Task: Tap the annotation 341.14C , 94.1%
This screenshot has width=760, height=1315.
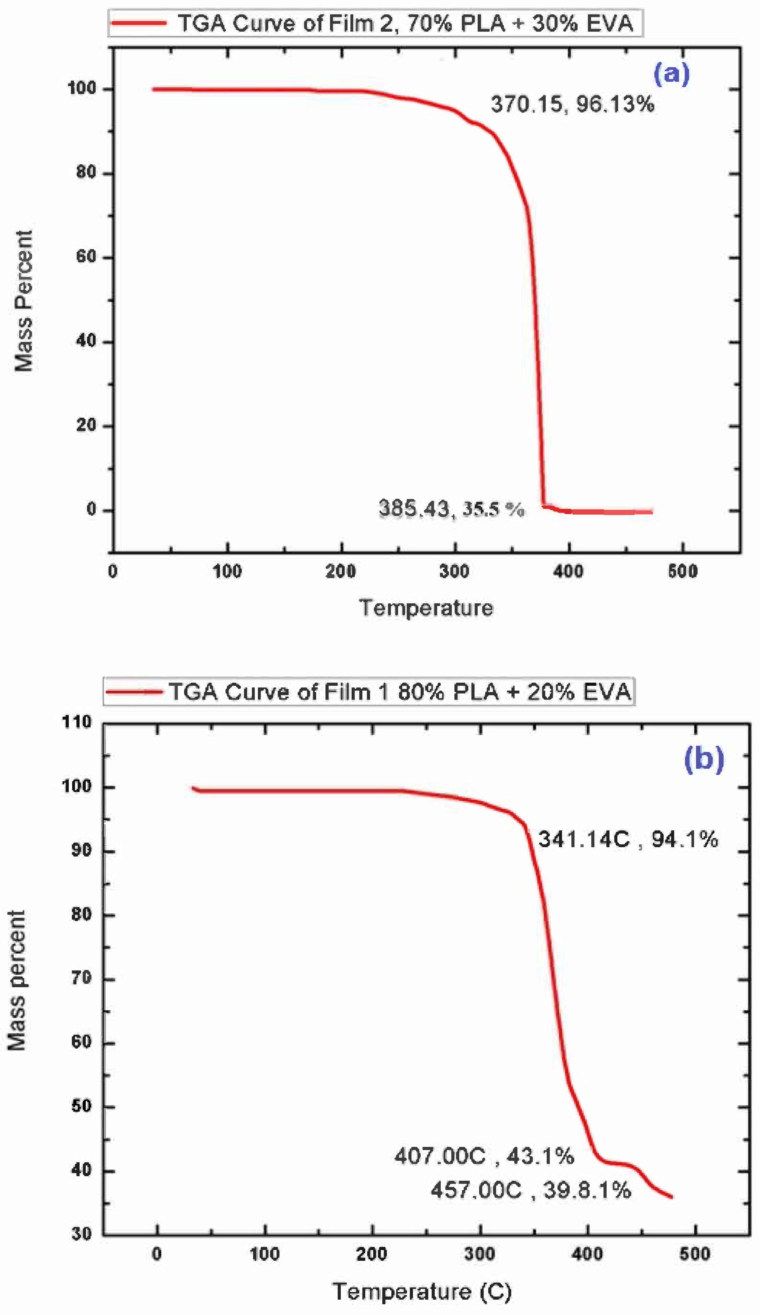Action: click(x=627, y=839)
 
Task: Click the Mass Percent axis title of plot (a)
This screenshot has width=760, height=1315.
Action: click(x=23, y=301)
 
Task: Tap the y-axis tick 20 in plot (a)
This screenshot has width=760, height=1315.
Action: click(x=87, y=425)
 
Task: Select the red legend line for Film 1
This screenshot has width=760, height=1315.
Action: click(x=133, y=692)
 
